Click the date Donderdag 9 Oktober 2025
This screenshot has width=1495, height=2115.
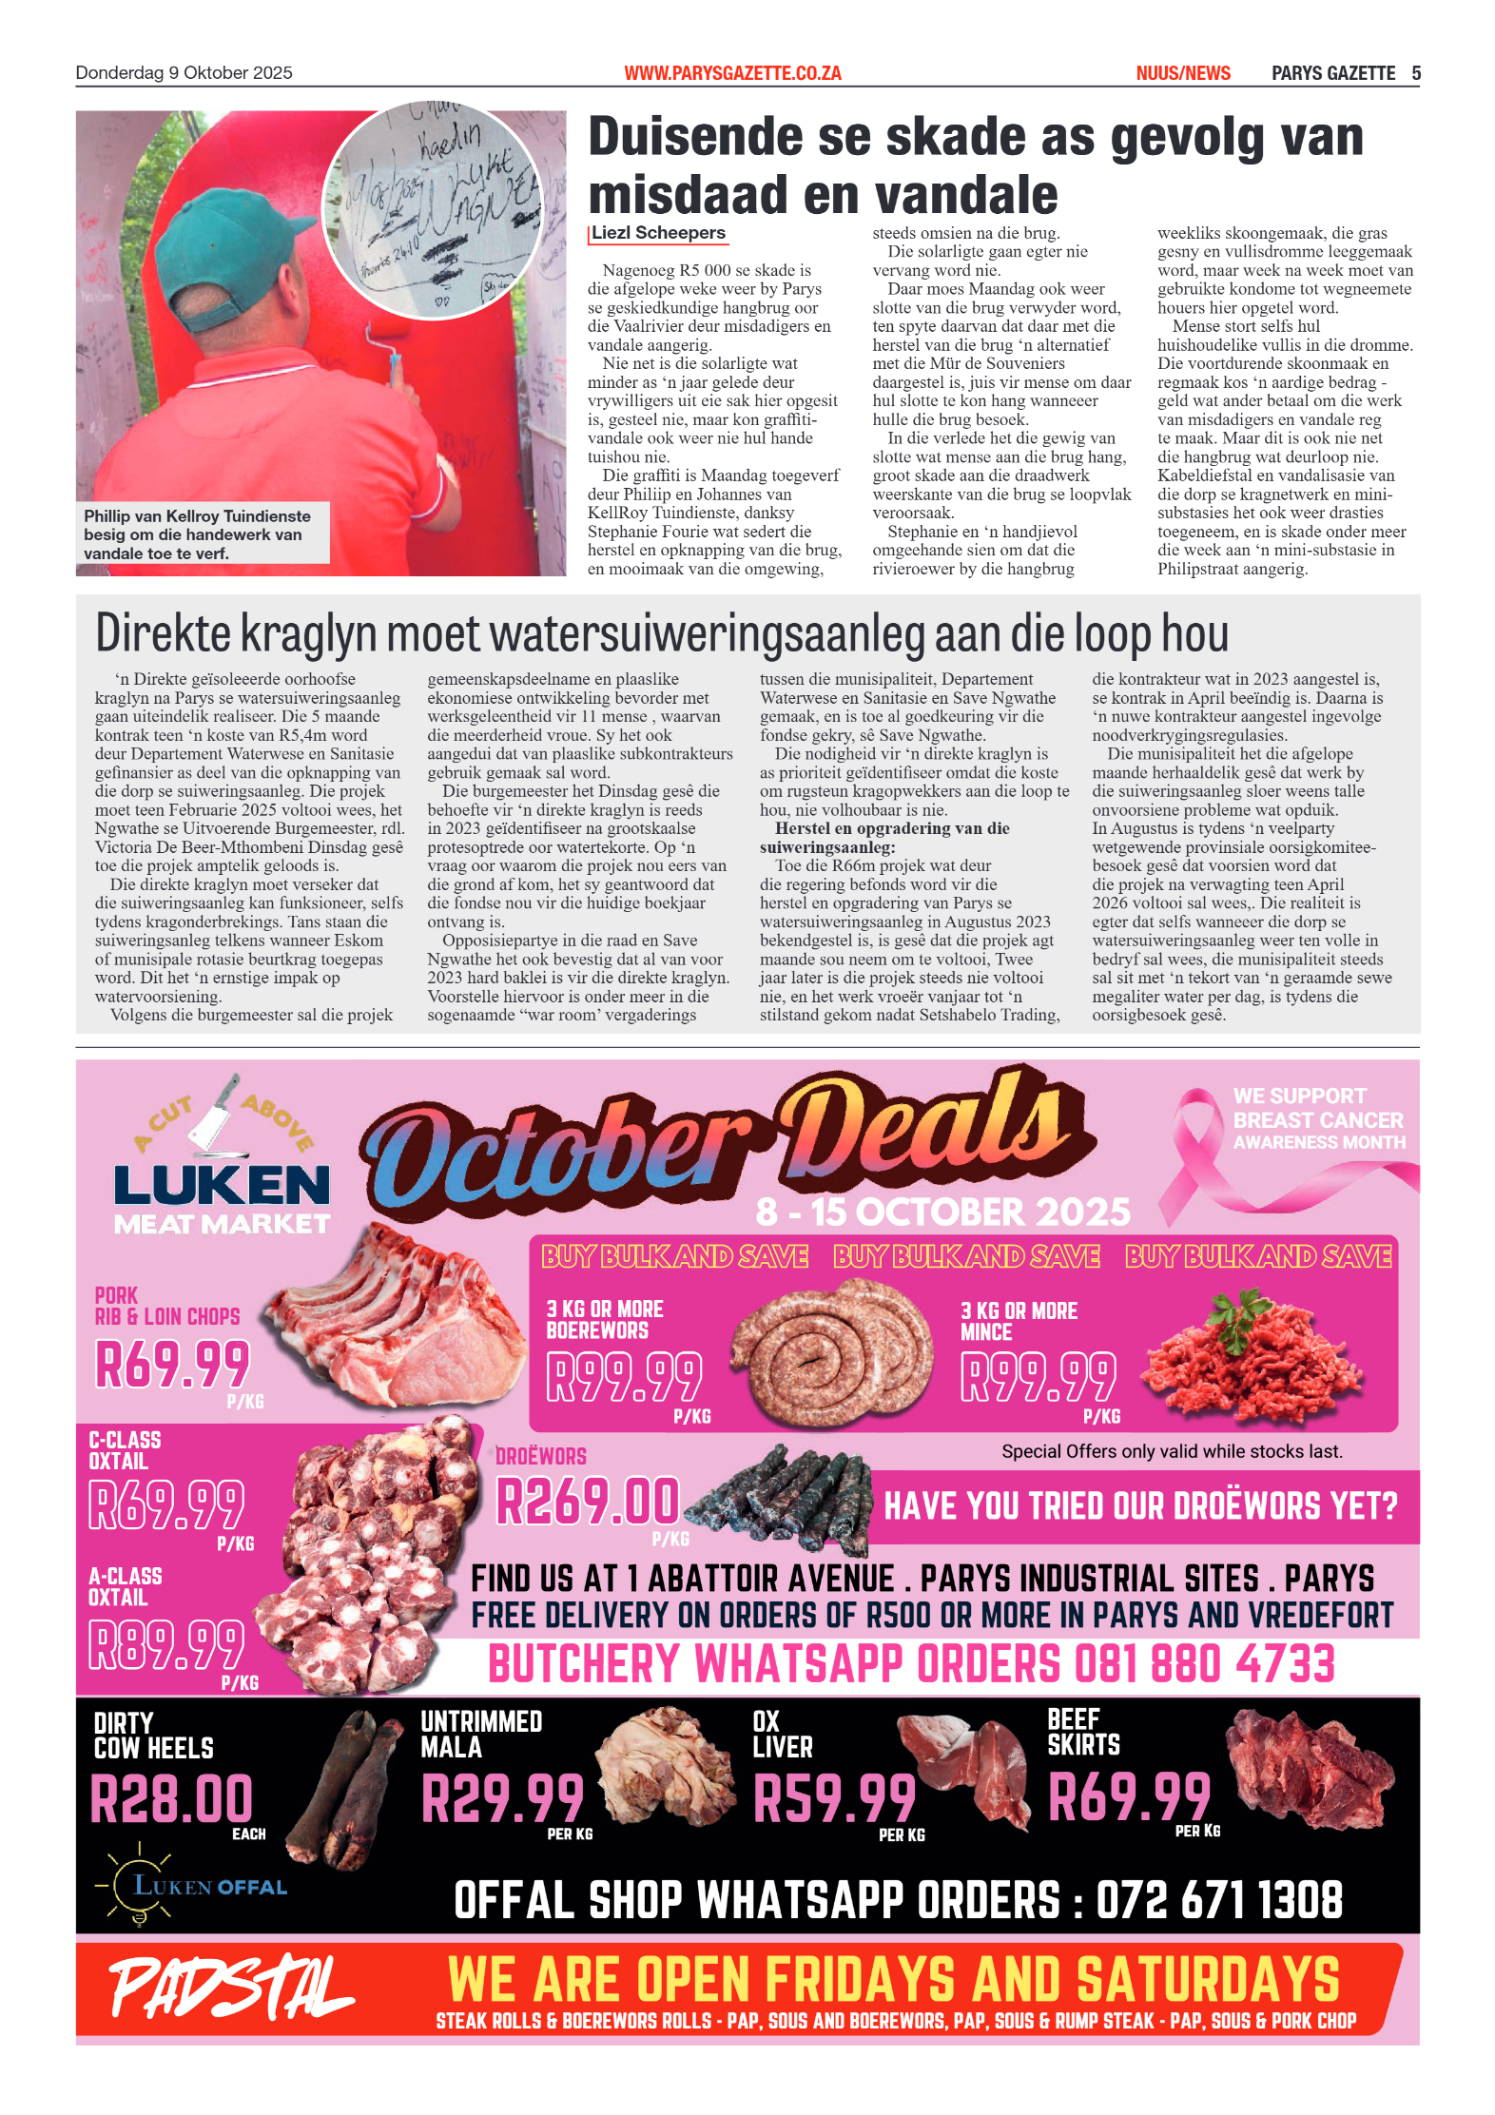(x=184, y=73)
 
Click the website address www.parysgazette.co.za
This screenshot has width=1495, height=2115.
(x=732, y=73)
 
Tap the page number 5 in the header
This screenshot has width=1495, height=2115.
(x=1416, y=73)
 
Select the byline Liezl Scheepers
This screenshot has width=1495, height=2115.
(x=658, y=233)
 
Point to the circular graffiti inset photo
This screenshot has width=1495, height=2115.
(x=433, y=209)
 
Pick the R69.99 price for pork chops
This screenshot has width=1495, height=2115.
(x=172, y=1364)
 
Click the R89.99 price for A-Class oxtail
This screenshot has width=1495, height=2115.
(x=166, y=1644)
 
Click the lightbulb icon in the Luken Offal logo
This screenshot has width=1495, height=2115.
(x=138, y=1885)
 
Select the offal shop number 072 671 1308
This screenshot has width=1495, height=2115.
(x=1219, y=1900)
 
